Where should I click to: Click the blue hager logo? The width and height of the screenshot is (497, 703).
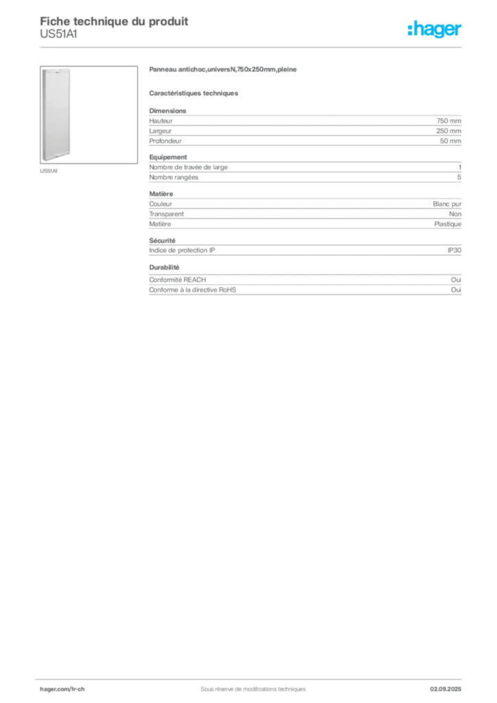point(436,30)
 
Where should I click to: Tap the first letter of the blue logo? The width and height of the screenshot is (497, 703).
point(410,30)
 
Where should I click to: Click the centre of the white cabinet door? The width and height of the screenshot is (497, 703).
point(55,115)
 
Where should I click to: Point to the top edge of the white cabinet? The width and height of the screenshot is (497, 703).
point(55,69)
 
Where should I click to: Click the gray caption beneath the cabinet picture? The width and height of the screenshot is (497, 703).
point(49,171)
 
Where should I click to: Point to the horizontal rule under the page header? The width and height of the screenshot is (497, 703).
point(253,47)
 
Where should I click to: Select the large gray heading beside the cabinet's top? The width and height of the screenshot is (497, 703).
point(224,71)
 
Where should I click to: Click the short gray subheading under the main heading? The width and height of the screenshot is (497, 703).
point(194,93)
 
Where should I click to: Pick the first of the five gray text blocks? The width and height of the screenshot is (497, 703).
point(305,127)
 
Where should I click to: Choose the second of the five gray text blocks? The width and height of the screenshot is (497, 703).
point(305,172)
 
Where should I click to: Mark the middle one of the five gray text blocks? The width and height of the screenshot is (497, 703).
point(305,210)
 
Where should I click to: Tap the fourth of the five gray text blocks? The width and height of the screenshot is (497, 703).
point(305,248)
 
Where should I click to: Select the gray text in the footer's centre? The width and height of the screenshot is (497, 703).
point(248,686)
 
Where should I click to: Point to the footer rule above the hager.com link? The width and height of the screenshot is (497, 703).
point(253,678)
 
